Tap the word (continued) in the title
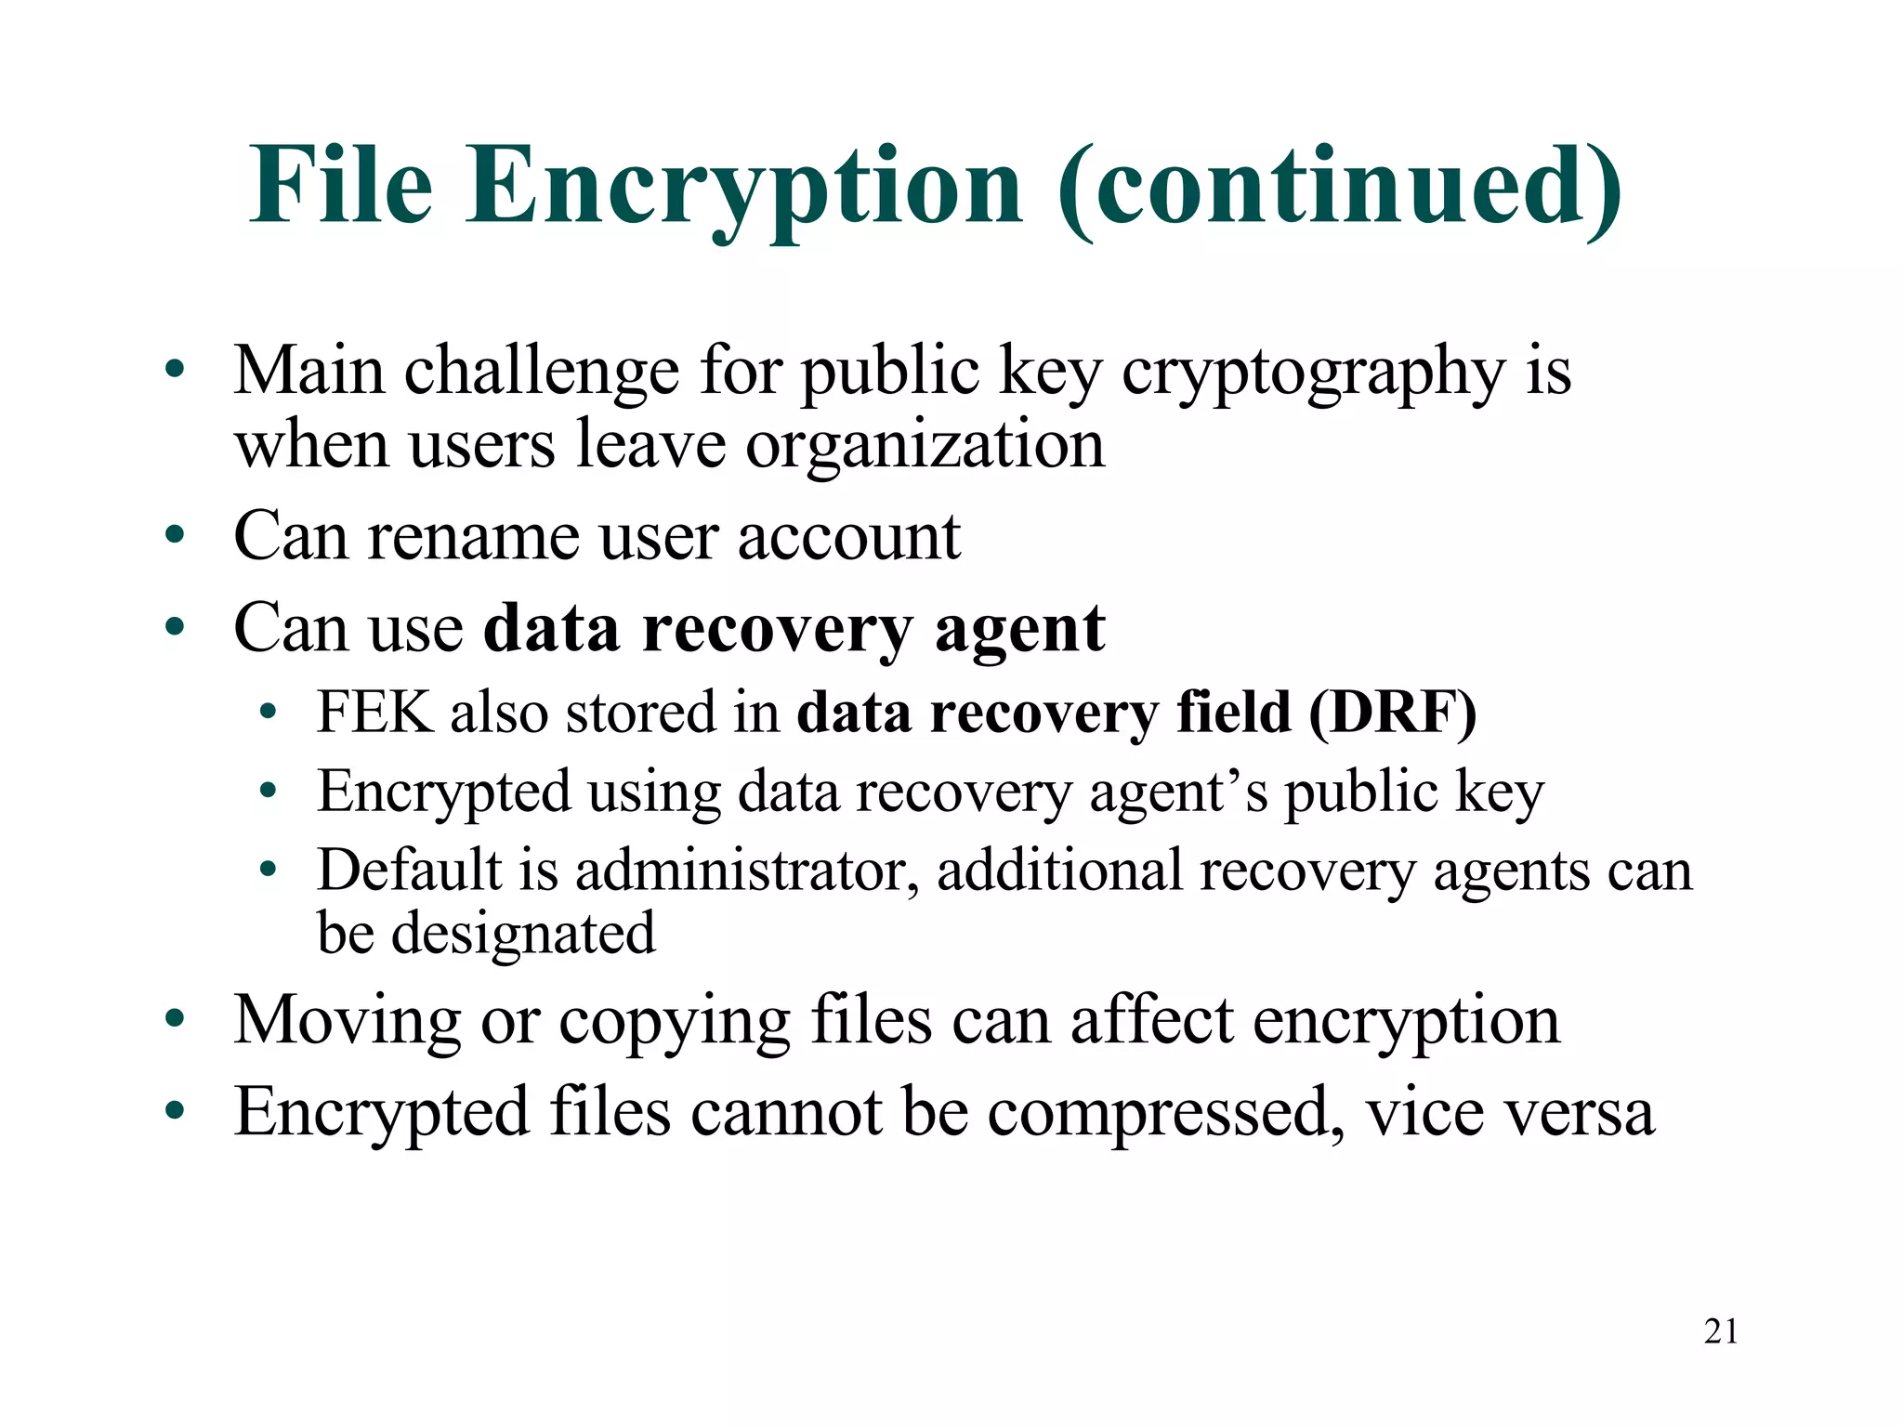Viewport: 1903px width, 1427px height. (1339, 188)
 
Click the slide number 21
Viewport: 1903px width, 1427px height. (1721, 1331)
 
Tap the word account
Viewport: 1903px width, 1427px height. (848, 537)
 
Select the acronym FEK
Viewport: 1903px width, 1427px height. (375, 713)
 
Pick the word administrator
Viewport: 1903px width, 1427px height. (748, 871)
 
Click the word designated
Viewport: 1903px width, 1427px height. (523, 934)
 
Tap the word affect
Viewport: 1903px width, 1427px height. (1151, 1020)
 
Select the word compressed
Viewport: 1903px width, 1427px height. (1164, 1113)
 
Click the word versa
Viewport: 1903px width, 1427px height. (1578, 1113)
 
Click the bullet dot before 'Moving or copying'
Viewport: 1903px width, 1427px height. (175, 1020)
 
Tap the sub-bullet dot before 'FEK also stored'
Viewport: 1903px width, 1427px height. (269, 713)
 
